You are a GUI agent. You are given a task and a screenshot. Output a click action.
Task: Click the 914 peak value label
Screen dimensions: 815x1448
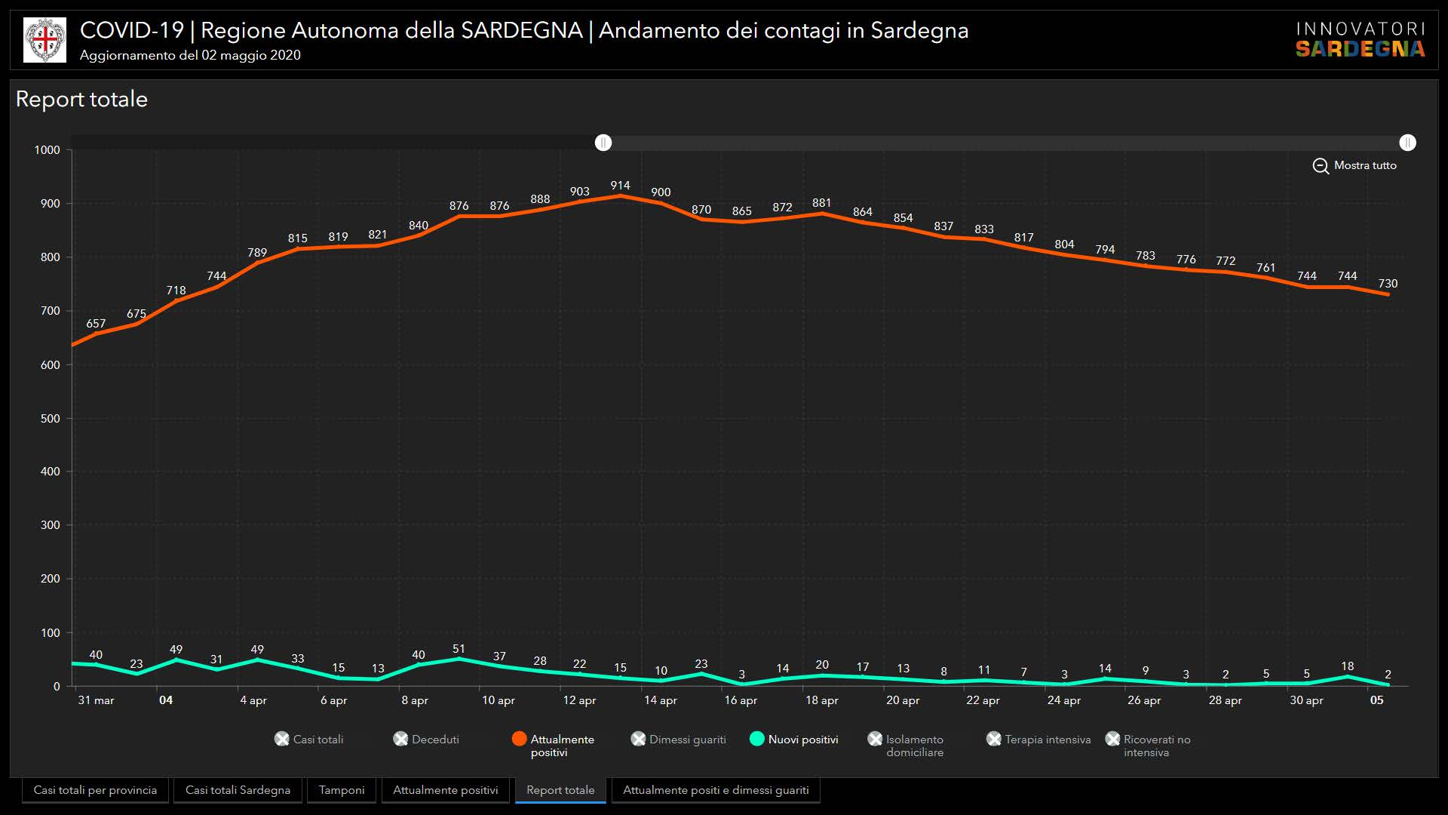[620, 186]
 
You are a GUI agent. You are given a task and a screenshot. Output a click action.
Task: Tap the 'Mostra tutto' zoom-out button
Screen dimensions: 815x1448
[1354, 165]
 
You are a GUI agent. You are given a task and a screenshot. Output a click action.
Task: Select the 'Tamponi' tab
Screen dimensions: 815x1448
[341, 790]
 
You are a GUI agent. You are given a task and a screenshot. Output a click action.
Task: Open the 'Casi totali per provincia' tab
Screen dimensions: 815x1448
[95, 790]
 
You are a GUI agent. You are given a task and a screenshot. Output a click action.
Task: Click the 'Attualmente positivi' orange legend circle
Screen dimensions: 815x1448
[519, 739]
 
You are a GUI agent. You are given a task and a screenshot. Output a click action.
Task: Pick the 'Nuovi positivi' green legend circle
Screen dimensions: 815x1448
[757, 739]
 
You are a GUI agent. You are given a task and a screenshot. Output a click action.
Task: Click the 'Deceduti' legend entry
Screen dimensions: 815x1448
[426, 740]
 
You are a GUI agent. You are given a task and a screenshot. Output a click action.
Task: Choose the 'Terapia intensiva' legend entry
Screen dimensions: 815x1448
[1038, 740]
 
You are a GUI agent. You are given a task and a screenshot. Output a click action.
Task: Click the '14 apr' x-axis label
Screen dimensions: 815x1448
[660, 700]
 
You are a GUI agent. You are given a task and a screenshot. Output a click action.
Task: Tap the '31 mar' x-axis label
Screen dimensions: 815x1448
[96, 700]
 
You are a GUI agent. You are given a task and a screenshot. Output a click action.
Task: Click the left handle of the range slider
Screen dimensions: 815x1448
[603, 143]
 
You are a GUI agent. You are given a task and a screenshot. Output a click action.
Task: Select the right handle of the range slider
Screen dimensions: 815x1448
[1407, 143]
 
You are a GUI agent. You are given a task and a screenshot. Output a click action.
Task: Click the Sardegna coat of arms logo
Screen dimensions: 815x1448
[44, 40]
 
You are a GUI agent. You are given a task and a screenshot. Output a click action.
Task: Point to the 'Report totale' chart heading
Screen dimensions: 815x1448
[81, 99]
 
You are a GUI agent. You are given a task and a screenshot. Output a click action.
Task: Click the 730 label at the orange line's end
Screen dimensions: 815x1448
[1388, 284]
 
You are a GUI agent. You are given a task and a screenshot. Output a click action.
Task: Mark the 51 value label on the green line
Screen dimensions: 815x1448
[459, 649]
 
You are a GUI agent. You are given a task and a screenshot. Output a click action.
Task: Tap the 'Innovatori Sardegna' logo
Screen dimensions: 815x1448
[1360, 40]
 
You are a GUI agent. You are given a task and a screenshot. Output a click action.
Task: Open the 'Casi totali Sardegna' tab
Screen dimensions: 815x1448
[238, 790]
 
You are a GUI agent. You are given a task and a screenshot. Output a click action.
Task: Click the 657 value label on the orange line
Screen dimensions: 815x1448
[96, 324]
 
